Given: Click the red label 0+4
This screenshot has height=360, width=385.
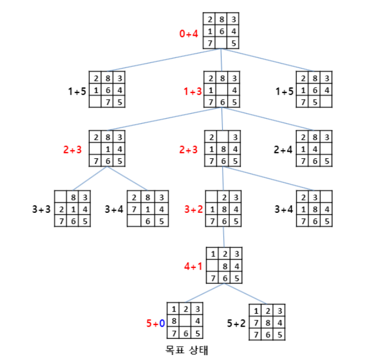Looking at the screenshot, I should pyautogui.click(x=189, y=34).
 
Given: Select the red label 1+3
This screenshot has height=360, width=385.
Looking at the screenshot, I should pyautogui.click(x=193, y=90).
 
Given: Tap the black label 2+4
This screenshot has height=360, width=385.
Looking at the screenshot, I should pyautogui.click(x=283, y=149).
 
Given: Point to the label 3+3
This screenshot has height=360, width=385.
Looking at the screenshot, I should pyautogui.click(x=42, y=210).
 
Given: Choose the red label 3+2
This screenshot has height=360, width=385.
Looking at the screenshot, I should pyautogui.click(x=193, y=210).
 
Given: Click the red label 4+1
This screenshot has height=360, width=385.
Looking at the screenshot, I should pyautogui.click(x=193, y=266).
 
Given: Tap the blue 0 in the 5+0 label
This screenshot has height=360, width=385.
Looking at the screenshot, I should pyautogui.click(x=162, y=323).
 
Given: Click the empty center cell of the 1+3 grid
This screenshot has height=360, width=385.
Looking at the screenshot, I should pyautogui.click(x=223, y=90).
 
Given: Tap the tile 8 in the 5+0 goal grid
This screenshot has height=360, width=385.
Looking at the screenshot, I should pyautogui.click(x=174, y=322).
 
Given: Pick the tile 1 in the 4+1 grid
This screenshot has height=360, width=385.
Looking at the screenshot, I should pyautogui.click(x=213, y=254).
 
